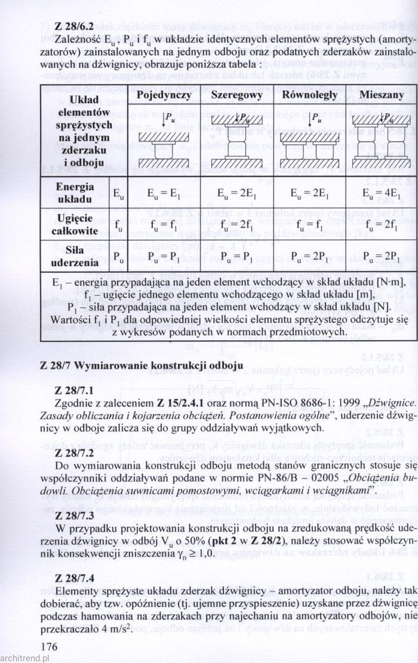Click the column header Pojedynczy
click(x=164, y=95)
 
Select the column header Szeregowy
click(x=237, y=95)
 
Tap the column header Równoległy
click(x=309, y=95)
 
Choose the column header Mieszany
click(x=381, y=95)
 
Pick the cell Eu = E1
click(x=164, y=192)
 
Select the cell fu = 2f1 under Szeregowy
click(x=237, y=225)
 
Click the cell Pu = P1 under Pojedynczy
click(x=164, y=257)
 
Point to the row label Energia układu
click(x=75, y=192)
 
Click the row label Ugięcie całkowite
click(x=75, y=225)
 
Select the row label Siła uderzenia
click(x=75, y=257)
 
